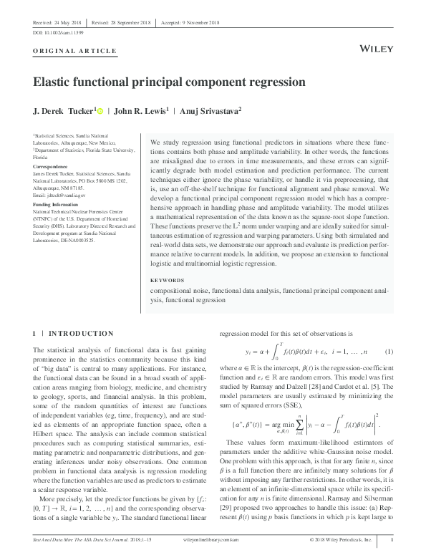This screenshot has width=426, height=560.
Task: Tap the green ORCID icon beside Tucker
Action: click(101, 110)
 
